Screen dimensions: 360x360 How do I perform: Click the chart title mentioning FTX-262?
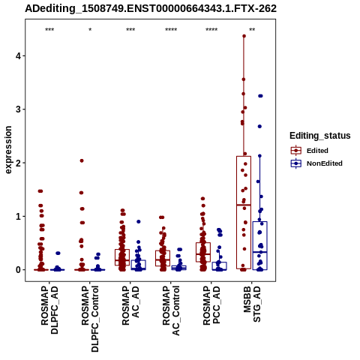[x=151, y=9]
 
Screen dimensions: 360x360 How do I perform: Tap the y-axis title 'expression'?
[x=8, y=150]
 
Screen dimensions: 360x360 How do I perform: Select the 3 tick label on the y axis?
[x=18, y=109]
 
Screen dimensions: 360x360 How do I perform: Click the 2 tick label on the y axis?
[x=18, y=163]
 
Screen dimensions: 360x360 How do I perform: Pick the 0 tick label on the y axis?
[x=18, y=270]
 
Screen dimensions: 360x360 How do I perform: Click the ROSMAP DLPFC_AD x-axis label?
[x=49, y=310]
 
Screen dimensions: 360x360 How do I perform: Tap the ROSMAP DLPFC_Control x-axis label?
[x=90, y=319]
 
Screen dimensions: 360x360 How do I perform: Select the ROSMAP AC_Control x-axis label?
[x=171, y=310]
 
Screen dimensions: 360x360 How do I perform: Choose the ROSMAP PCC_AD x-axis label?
[x=211, y=305]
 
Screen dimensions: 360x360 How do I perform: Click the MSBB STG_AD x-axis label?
[x=252, y=304]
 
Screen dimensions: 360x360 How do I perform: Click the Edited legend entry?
[x=310, y=151]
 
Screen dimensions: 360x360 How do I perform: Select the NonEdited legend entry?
[x=316, y=163]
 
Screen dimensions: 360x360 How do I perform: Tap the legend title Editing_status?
[x=320, y=136]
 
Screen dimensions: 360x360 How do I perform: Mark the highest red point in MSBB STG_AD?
[x=244, y=36]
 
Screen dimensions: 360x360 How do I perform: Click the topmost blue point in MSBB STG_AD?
[x=260, y=96]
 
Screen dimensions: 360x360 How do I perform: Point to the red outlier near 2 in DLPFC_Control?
[x=82, y=160]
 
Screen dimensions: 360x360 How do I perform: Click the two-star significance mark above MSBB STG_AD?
[x=252, y=30]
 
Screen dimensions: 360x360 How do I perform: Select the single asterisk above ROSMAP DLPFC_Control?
[x=90, y=30]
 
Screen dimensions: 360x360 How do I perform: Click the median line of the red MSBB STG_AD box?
[x=244, y=205]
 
